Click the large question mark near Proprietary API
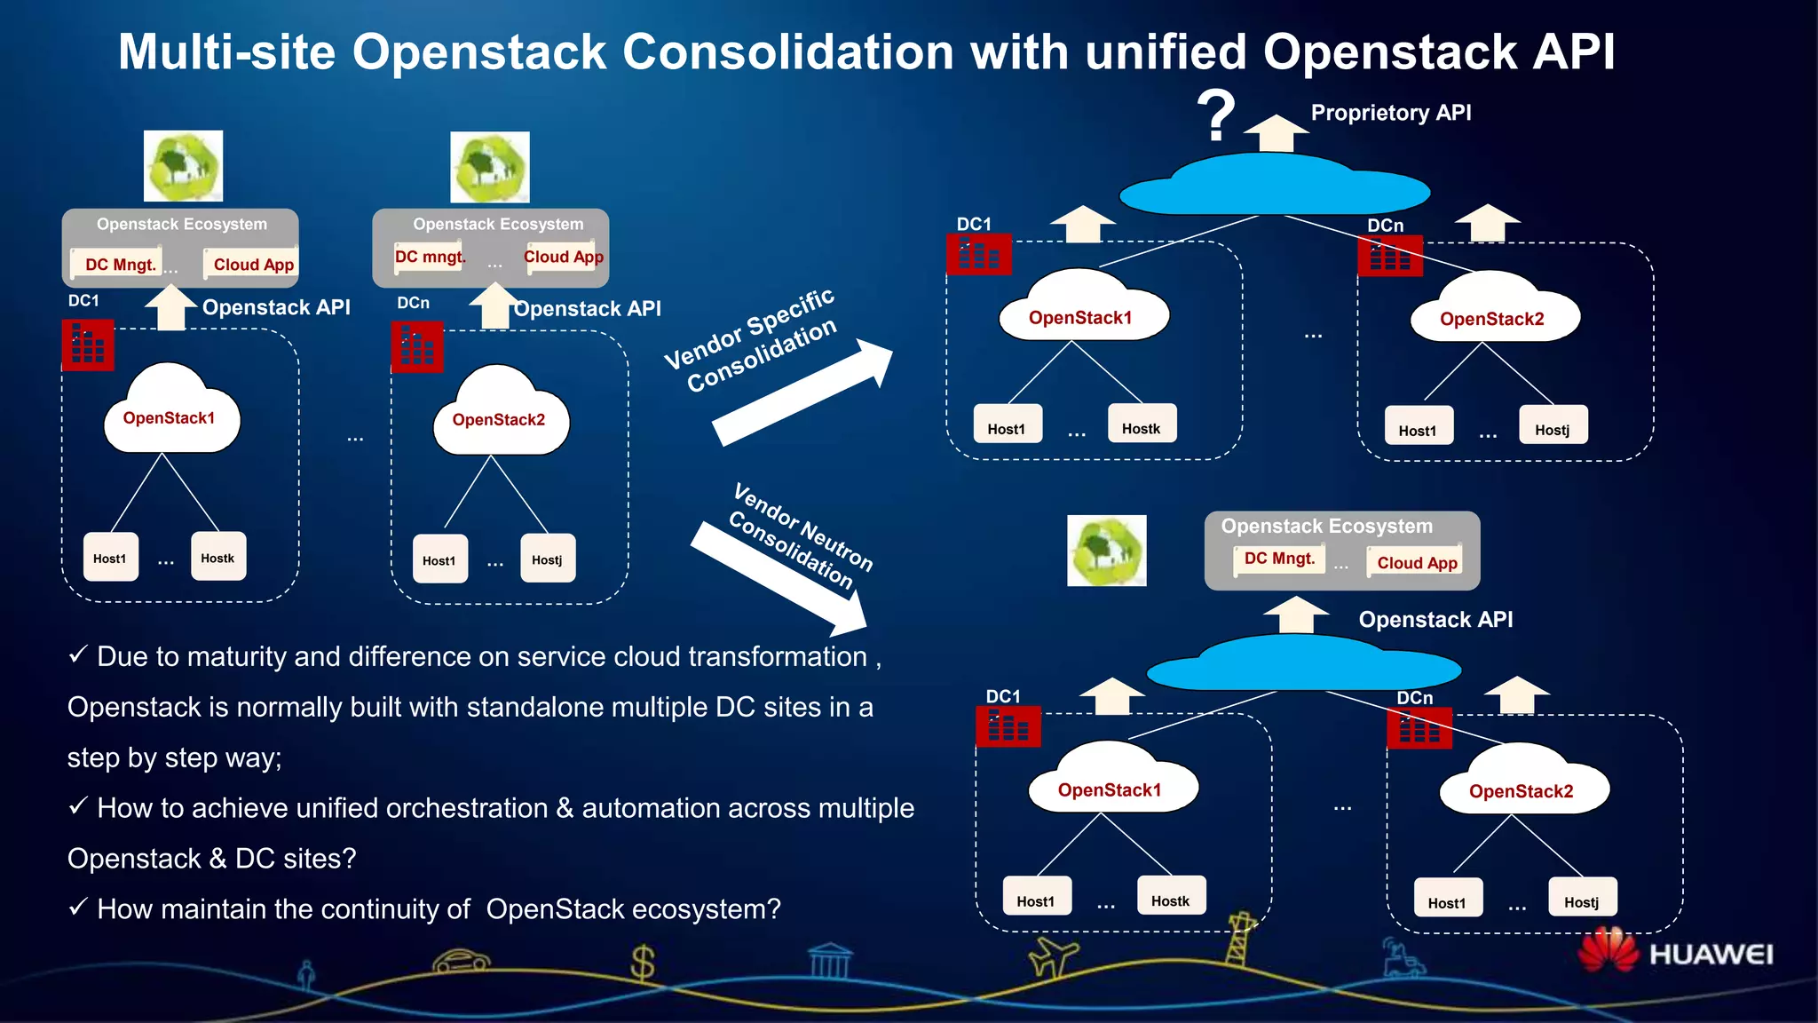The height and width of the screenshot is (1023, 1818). pos(1216,115)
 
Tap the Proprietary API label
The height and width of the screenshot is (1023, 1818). pos(1391,113)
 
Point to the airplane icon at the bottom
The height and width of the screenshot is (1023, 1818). pos(1053,958)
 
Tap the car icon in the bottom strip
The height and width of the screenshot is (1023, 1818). pos(461,961)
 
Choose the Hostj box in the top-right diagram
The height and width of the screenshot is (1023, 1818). pos(1553,426)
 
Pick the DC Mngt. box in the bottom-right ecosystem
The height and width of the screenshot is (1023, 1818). pos(1279,559)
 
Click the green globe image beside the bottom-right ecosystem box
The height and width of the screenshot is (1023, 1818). pos(1106,551)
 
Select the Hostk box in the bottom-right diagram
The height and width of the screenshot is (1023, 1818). pos(1170,897)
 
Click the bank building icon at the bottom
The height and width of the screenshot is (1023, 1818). pos(831,961)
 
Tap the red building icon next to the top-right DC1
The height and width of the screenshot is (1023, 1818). pos(978,255)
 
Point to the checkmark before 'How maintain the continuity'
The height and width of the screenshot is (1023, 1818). pos(78,907)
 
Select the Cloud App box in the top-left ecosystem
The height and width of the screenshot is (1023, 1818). pos(253,265)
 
